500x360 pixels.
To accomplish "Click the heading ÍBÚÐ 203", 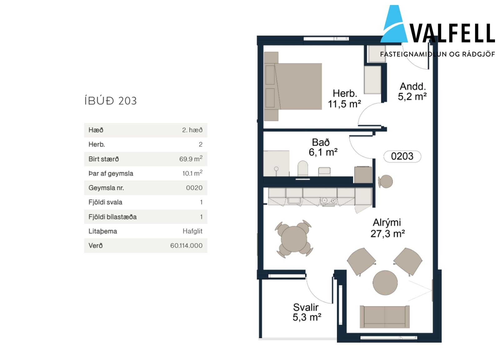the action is click(x=111, y=101).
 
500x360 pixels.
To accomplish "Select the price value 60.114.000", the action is click(x=186, y=246).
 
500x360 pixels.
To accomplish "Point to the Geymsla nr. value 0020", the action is click(x=194, y=188).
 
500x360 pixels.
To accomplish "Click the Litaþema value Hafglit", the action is click(x=192, y=231).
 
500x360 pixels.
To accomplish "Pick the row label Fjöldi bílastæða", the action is click(x=112, y=217).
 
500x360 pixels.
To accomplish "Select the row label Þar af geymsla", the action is click(x=111, y=174).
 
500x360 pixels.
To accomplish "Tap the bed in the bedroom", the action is click(x=293, y=86).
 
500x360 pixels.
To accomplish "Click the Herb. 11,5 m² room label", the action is click(x=344, y=99).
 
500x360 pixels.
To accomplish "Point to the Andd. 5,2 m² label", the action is click(x=412, y=92).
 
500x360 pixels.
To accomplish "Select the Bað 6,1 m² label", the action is click(x=323, y=147).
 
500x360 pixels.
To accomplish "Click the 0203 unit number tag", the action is click(x=402, y=156).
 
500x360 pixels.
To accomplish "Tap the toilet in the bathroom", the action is click(x=303, y=168).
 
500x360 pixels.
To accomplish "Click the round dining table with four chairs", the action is click(x=294, y=239).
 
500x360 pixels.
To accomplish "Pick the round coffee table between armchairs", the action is click(x=385, y=282).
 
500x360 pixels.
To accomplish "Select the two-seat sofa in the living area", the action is click(x=385, y=317).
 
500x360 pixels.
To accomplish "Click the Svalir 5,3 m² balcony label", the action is click(x=307, y=312).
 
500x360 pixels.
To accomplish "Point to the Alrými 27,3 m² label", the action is click(x=387, y=228).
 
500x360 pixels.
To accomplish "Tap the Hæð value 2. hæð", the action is click(x=192, y=130).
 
